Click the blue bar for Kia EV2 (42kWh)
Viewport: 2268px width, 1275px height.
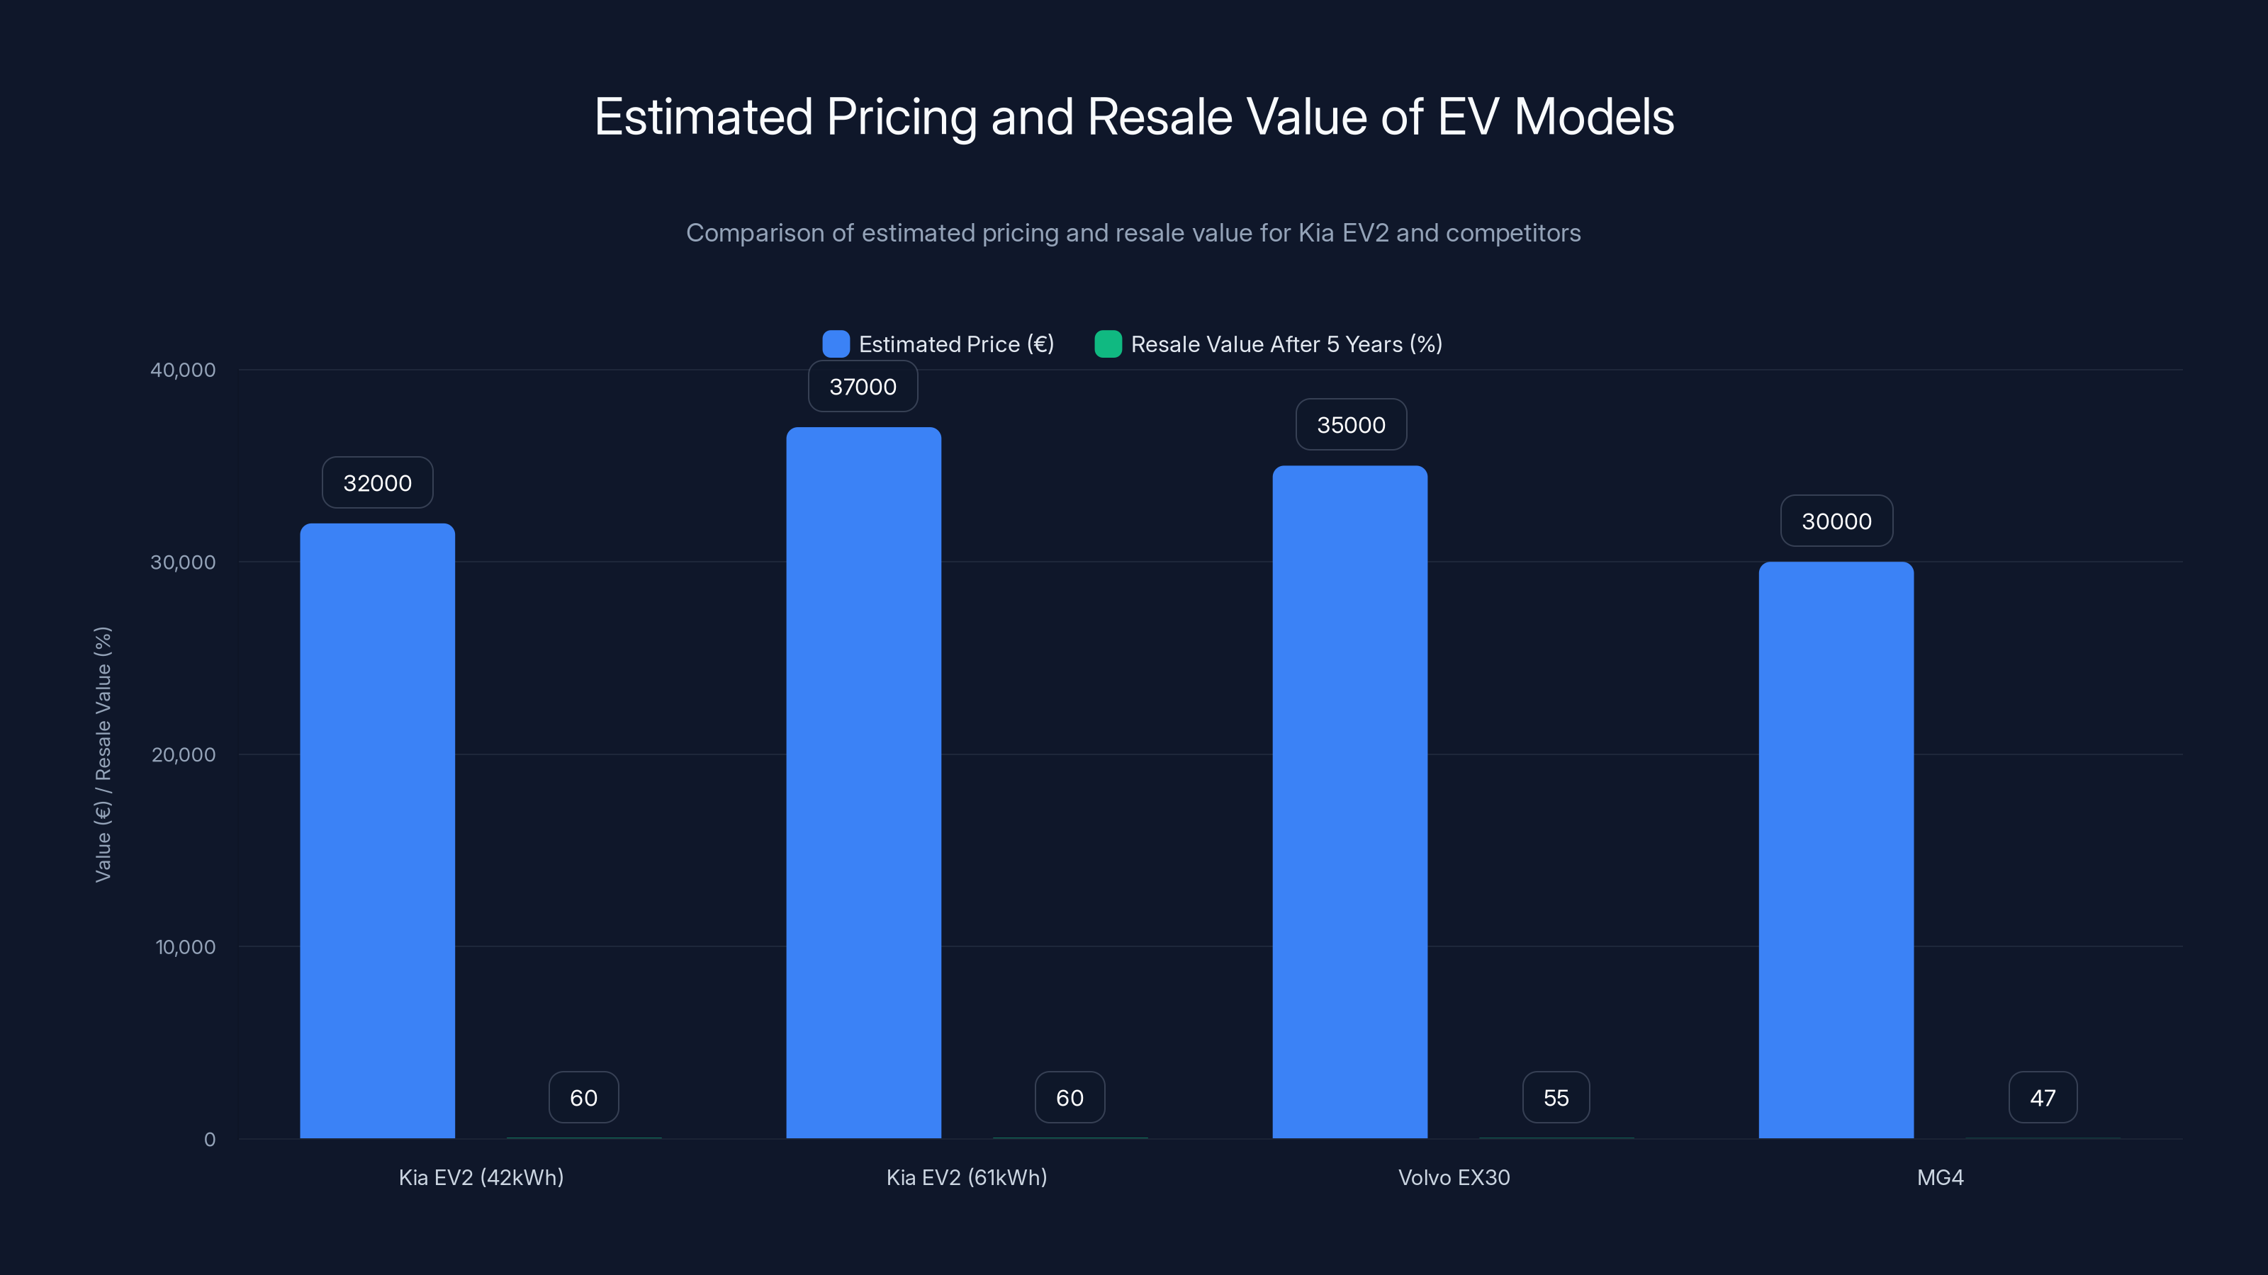377,831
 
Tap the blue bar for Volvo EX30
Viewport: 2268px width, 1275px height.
1349,802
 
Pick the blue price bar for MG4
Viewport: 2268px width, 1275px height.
1836,850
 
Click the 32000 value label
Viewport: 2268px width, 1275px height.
377,482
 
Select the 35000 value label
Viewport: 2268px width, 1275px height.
1351,425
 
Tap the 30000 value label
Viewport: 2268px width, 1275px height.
1836,521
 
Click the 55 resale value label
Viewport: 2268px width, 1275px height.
1556,1097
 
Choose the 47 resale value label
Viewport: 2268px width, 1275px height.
2043,1097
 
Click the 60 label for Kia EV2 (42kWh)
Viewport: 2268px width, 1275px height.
584,1097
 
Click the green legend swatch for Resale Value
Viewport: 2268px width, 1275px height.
1108,344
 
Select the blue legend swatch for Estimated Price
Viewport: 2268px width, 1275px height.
836,344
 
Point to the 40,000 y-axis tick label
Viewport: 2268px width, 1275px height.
182,370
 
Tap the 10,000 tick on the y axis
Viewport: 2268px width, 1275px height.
185,947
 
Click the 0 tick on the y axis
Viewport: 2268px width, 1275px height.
210,1140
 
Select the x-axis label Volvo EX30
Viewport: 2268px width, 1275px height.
1454,1177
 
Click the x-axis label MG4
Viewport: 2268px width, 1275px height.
1940,1177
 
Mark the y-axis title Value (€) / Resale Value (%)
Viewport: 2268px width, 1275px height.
103,754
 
